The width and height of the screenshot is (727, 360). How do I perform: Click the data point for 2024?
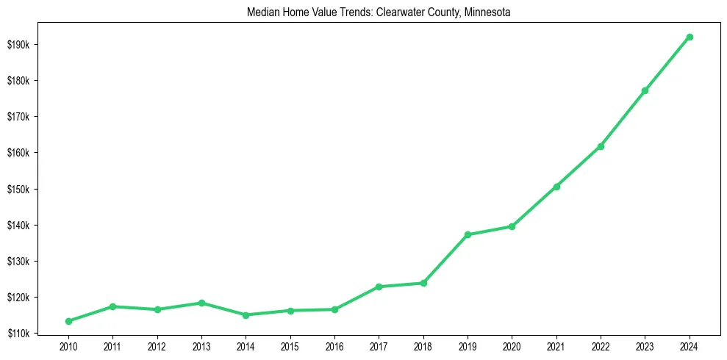click(x=690, y=37)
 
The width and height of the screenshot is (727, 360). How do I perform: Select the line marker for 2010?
click(x=68, y=321)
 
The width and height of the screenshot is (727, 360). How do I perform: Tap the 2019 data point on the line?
click(x=468, y=234)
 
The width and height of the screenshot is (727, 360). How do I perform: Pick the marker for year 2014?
click(x=246, y=315)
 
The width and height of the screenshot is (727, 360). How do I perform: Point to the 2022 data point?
click(x=601, y=146)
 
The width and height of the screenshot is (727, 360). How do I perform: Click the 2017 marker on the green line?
click(x=379, y=287)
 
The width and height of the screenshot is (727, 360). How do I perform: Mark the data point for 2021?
click(x=556, y=187)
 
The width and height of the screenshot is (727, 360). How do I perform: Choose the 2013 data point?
click(x=201, y=303)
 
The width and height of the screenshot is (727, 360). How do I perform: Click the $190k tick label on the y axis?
click(x=18, y=45)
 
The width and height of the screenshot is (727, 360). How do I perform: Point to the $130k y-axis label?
click(x=18, y=262)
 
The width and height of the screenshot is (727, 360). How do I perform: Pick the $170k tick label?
click(x=18, y=117)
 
